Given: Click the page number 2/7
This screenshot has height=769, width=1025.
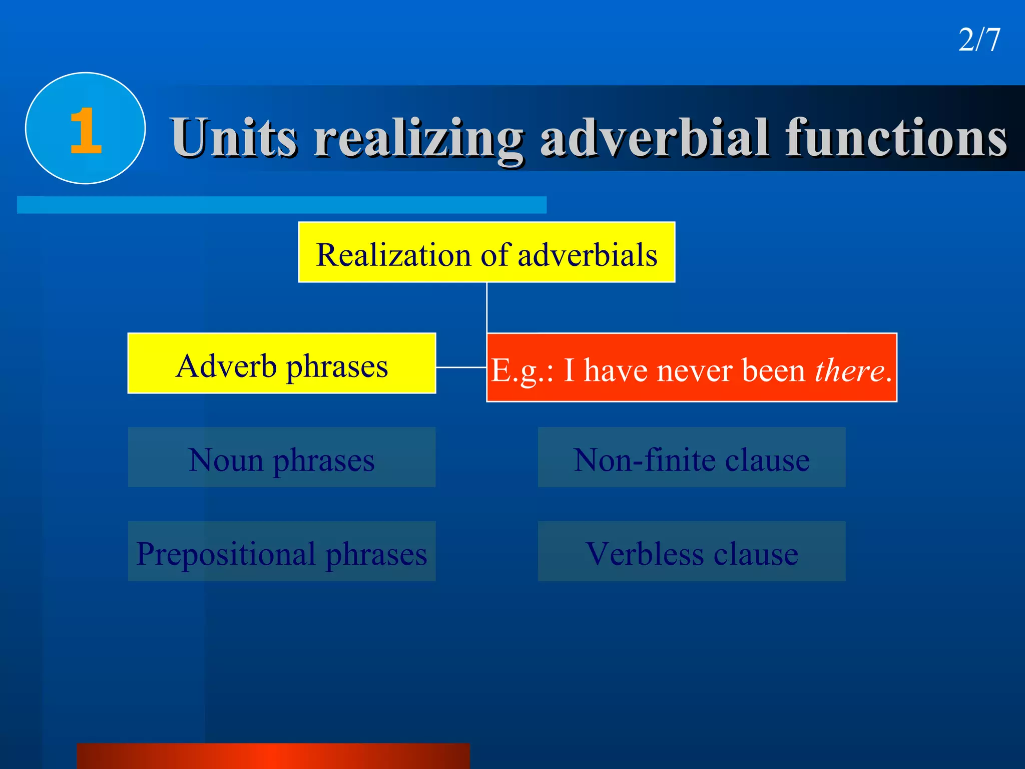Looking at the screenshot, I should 979,40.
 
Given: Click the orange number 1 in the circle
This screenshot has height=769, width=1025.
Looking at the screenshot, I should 86,131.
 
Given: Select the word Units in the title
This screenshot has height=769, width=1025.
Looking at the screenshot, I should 234,137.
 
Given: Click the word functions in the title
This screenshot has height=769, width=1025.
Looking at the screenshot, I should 896,137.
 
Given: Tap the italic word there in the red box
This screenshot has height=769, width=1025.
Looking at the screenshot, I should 849,370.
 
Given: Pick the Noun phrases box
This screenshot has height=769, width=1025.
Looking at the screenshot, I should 282,457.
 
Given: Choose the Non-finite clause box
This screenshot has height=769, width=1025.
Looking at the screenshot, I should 692,457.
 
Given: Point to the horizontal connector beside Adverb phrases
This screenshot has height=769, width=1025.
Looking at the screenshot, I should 461,367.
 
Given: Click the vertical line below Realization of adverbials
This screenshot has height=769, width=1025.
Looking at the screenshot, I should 487,307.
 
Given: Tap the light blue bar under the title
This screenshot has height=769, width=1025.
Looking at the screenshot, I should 282,205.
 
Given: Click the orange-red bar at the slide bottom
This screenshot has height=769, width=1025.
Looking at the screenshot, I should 273,756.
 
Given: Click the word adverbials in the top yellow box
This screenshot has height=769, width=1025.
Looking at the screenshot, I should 587,254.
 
